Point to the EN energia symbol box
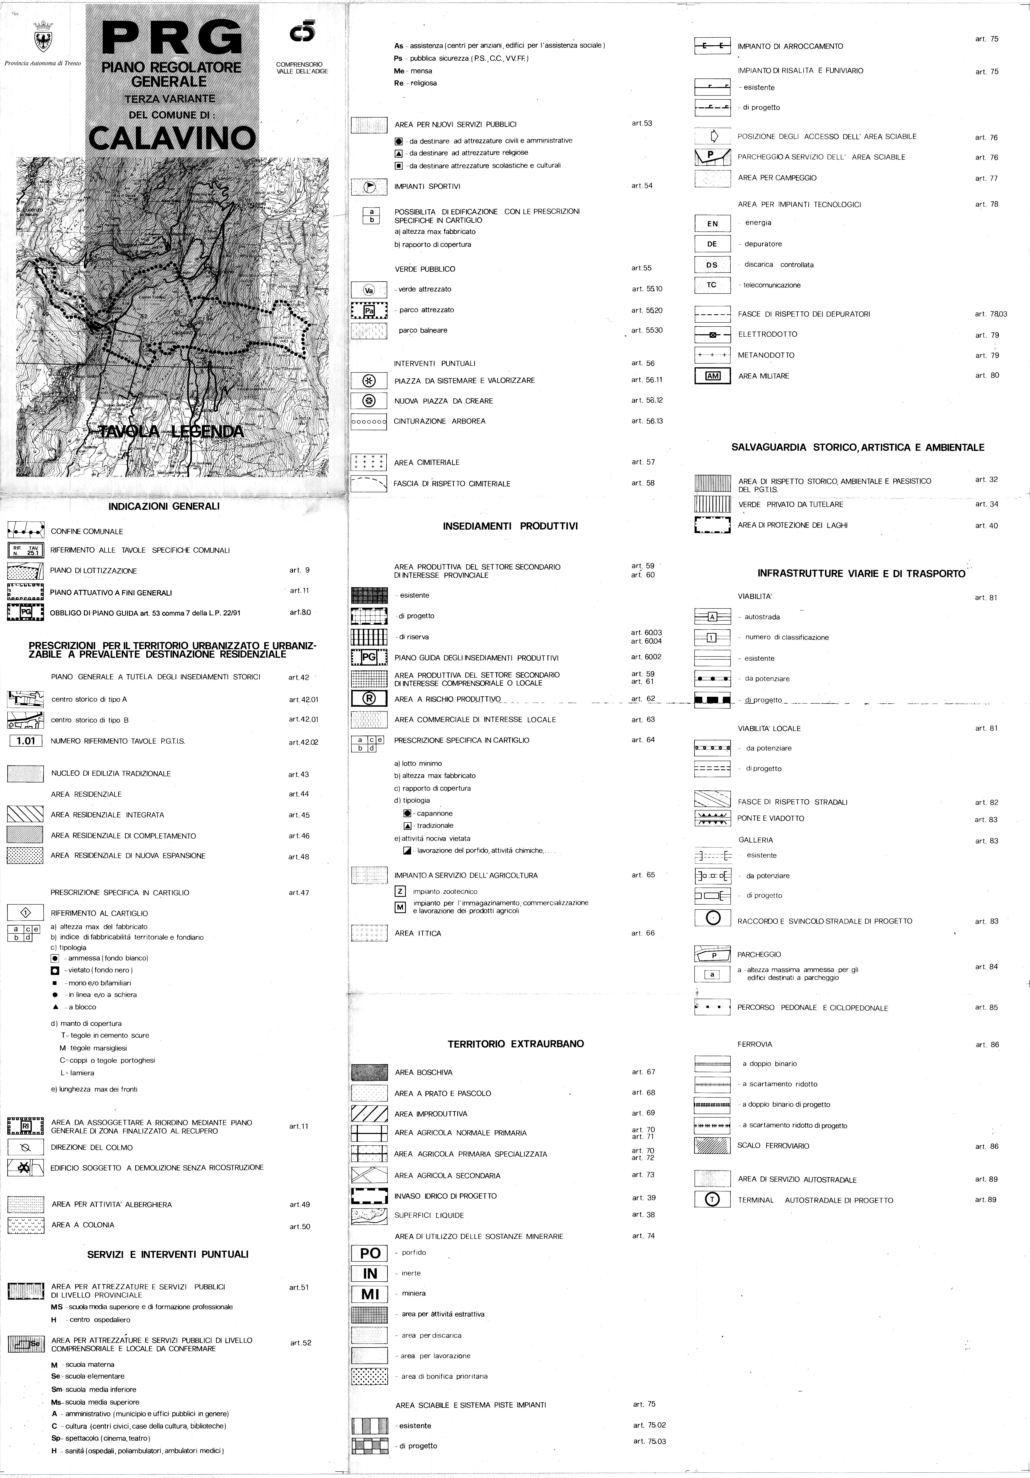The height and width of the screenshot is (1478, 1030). click(712, 223)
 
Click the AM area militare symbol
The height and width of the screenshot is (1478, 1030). click(712, 376)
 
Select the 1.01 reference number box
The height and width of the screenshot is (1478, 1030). click(26, 741)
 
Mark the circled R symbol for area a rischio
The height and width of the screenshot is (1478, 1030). click(369, 699)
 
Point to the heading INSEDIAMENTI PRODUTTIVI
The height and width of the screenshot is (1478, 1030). click(510, 526)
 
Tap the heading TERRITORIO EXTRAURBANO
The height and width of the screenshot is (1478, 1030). click(515, 1043)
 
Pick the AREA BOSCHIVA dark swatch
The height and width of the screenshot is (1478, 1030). click(369, 1072)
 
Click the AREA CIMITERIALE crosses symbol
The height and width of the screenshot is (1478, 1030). click(369, 462)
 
